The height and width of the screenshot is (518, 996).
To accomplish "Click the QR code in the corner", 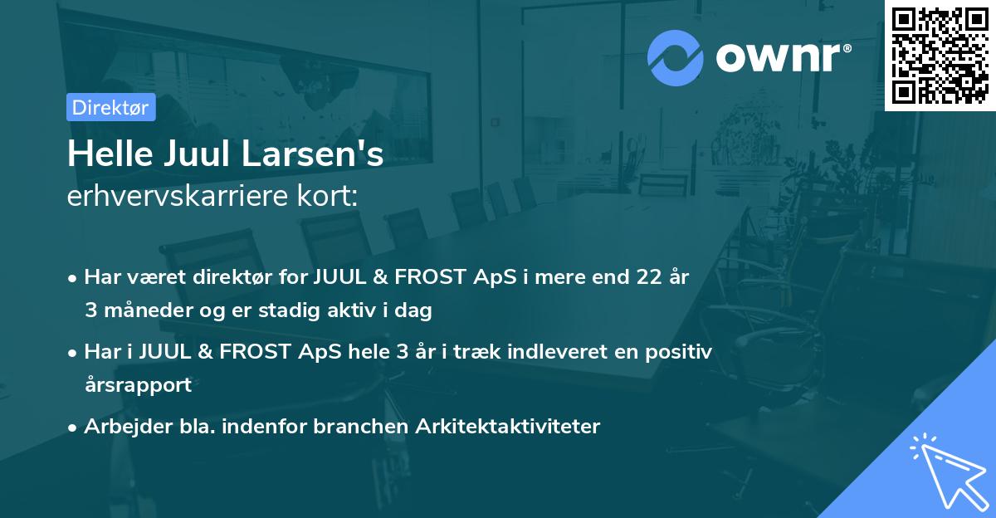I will tap(940, 55).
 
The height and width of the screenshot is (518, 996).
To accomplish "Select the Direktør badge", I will tap(110, 107).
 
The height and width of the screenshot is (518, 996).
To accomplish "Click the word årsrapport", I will tap(137, 384).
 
